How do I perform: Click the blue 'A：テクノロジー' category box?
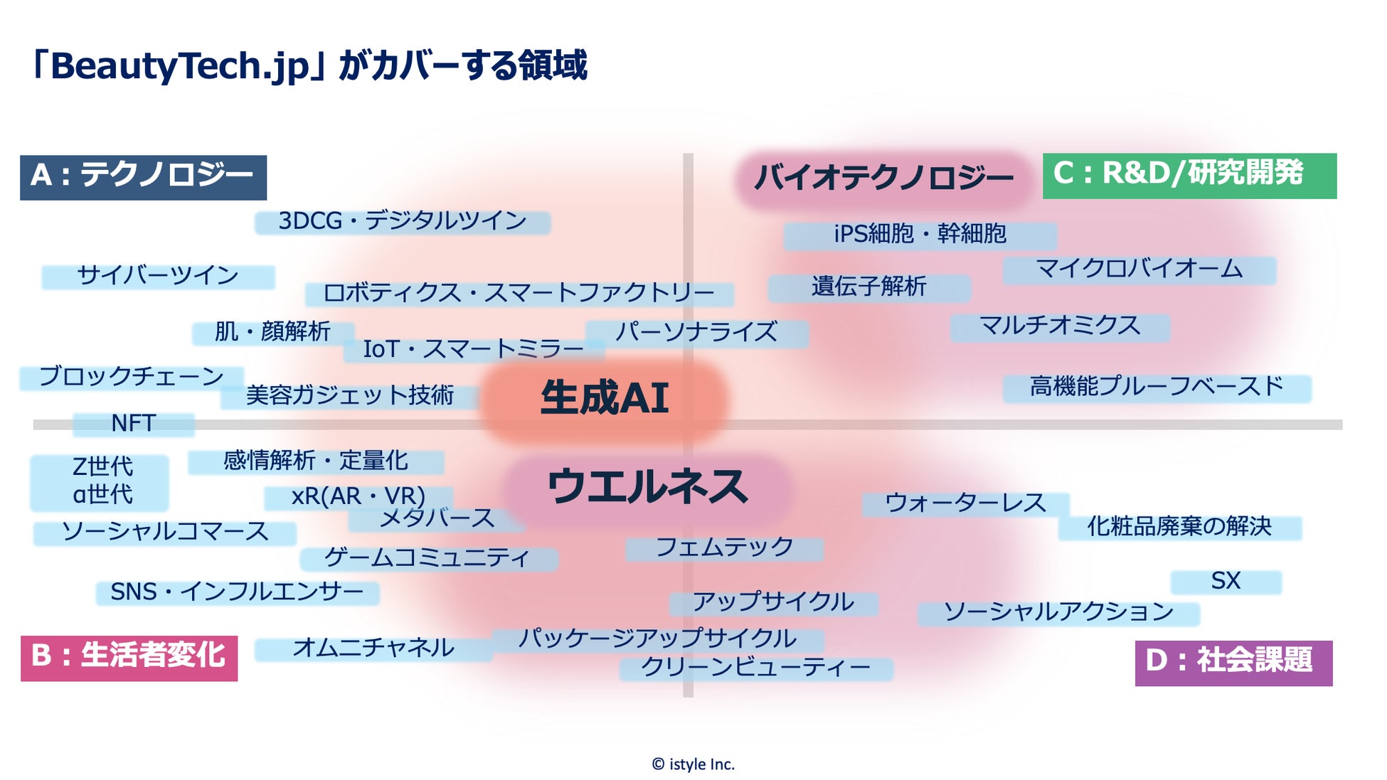143,177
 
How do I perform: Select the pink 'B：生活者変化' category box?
129,658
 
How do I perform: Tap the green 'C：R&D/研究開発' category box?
1189,175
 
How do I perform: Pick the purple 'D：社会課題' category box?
1233,663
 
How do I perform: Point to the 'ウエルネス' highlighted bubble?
647,488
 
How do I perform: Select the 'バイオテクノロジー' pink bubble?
883,178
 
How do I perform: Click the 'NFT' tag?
133,424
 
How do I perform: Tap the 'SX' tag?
1226,582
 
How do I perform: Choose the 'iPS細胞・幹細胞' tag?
920,235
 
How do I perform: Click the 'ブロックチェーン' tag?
132,377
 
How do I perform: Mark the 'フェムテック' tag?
724,548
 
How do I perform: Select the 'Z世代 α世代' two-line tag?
100,481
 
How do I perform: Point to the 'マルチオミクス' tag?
1060,327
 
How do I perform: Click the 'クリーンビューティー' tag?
755,668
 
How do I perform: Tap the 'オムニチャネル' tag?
373,648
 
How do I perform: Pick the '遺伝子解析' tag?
868,287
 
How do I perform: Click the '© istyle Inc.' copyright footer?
693,764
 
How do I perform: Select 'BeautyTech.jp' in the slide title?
181,66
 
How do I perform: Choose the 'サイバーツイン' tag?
158,276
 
